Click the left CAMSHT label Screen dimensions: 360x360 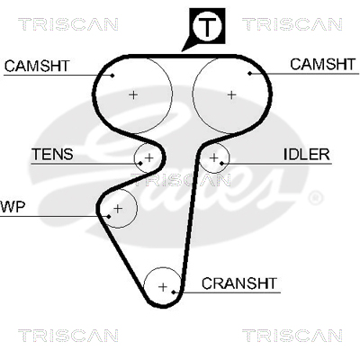point(37,66)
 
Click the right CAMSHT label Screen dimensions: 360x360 point(323,64)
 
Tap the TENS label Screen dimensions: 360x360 point(52,154)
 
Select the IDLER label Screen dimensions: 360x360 point(307,154)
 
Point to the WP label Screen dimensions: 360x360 point(13,207)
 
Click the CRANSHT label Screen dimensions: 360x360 point(239,283)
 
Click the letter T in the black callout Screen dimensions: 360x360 point(207,27)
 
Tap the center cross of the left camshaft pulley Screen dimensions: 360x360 point(133,94)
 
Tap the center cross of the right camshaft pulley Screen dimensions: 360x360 point(231,94)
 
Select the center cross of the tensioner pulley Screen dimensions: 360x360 point(149,157)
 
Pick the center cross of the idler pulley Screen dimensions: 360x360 point(214,157)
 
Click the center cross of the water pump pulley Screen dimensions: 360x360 point(118,208)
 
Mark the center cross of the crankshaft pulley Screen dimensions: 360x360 point(163,287)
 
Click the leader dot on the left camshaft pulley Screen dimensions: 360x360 point(112,76)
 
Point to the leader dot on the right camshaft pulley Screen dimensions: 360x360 point(250,73)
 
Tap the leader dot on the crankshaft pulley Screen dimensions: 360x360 point(174,292)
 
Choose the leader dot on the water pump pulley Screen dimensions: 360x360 point(109,216)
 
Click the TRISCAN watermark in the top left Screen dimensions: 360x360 point(68,24)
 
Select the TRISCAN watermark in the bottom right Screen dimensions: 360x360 point(292,335)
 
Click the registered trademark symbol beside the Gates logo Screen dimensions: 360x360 point(315,198)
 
